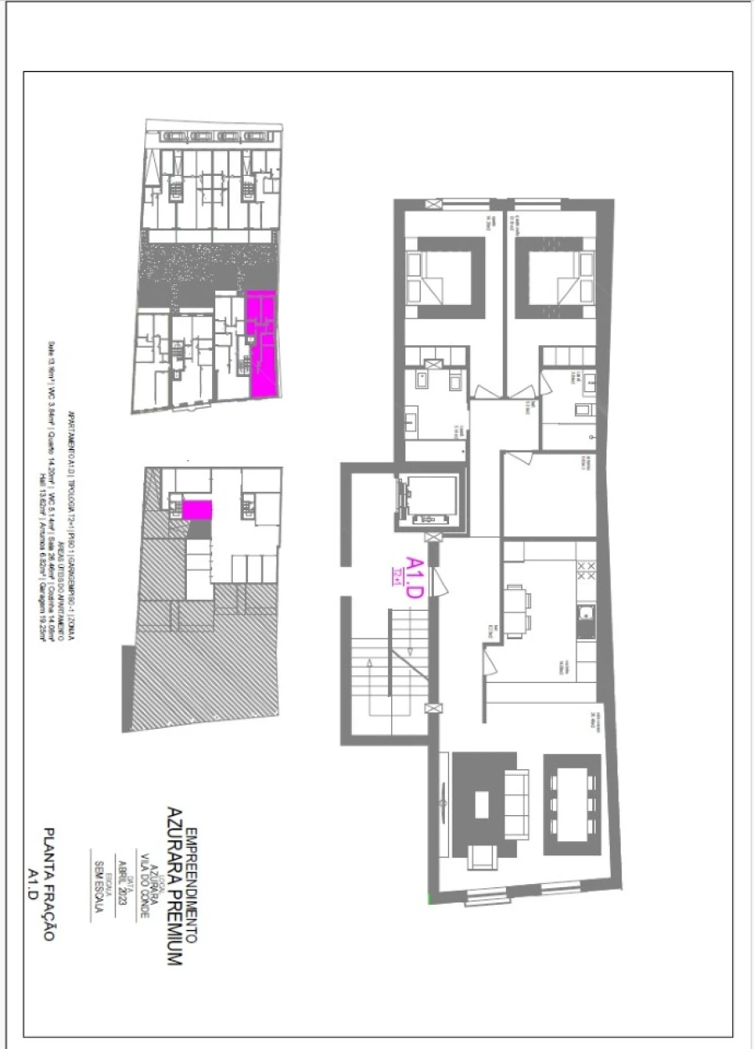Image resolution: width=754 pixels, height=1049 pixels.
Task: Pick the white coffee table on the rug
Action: coord(482,805)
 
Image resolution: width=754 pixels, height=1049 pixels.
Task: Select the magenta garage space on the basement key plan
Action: coord(198,509)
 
